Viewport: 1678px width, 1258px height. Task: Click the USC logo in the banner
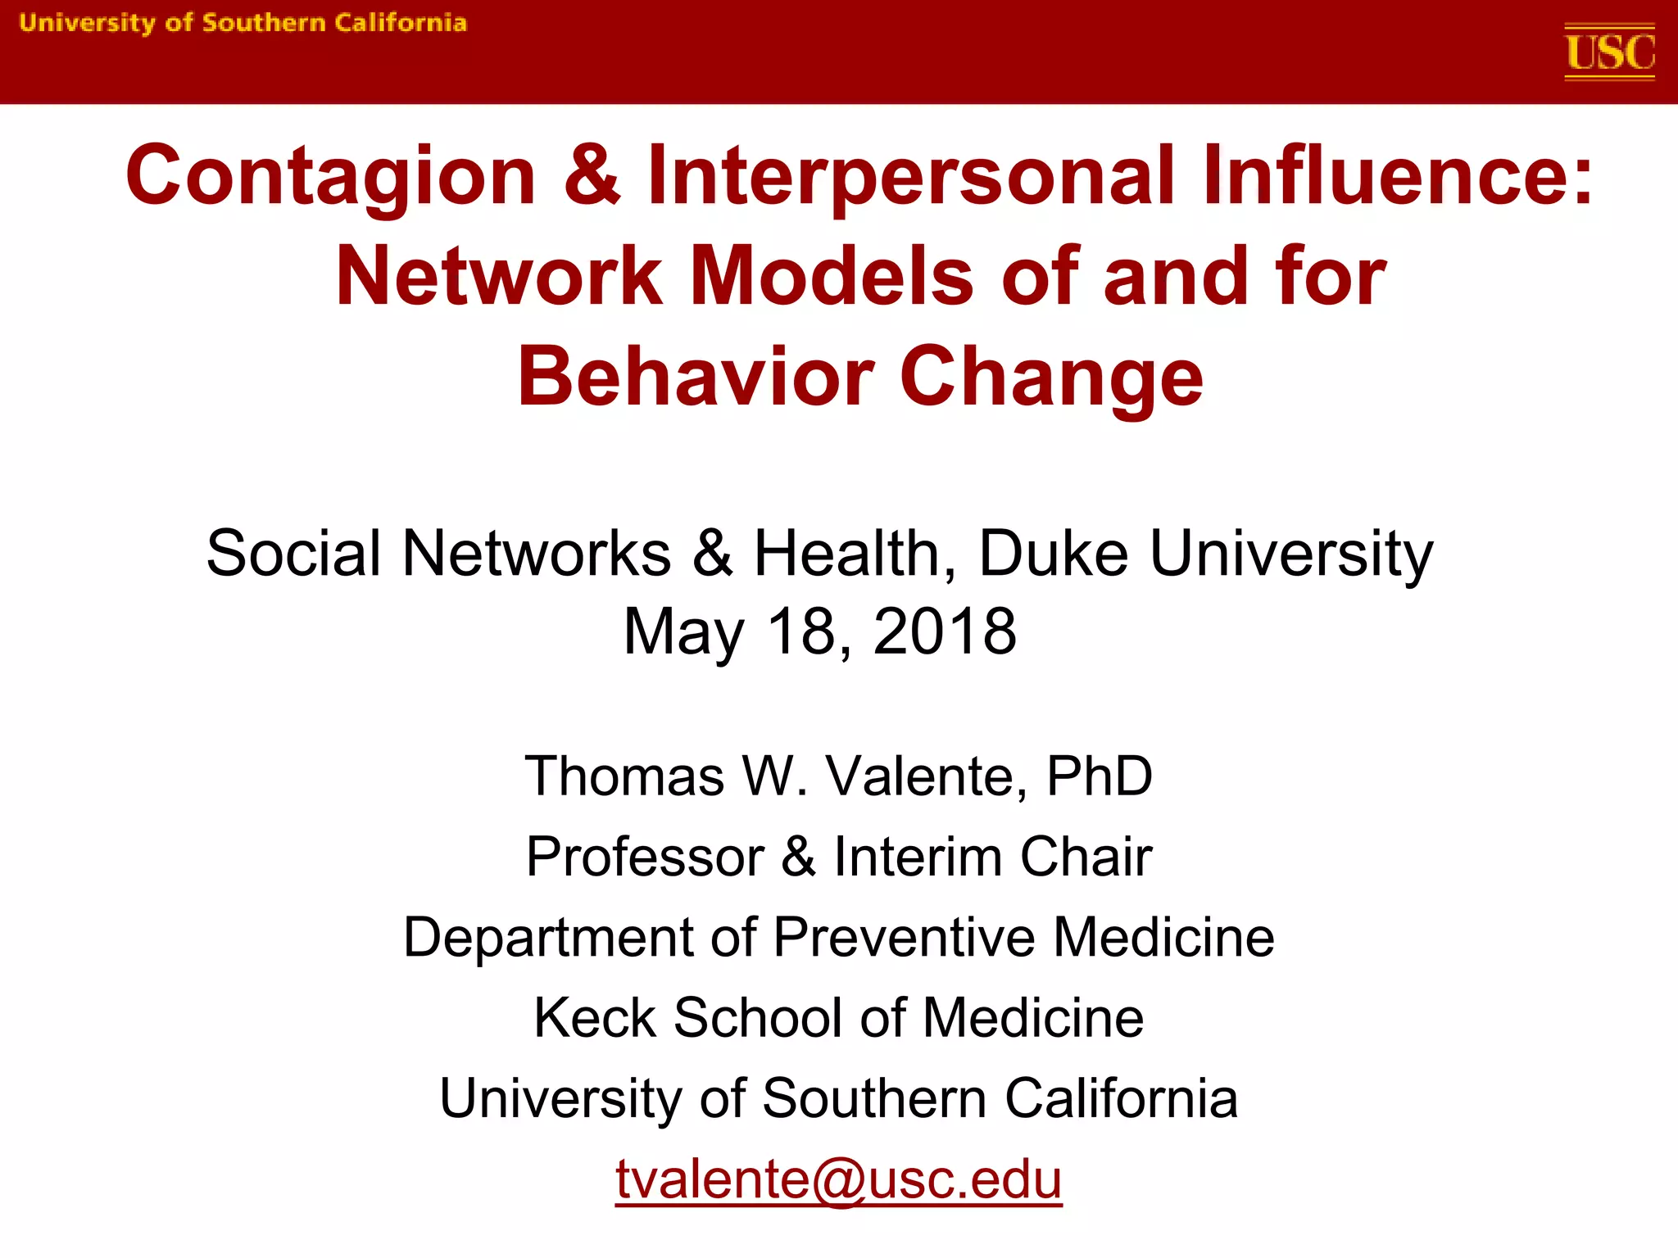click(1609, 52)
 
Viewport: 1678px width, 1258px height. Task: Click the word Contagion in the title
click(330, 176)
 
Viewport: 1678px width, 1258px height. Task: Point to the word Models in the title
click(832, 277)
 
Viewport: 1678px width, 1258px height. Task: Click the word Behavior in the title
click(696, 377)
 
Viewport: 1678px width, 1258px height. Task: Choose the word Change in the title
click(1052, 377)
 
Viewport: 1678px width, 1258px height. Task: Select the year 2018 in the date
click(945, 631)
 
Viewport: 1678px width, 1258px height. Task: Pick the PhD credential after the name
click(1100, 776)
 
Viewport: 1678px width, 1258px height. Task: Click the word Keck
click(595, 1018)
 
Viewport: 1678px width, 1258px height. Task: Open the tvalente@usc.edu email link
click(838, 1179)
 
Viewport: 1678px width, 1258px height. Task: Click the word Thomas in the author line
click(624, 776)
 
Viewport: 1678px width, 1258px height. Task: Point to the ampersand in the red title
click(592, 176)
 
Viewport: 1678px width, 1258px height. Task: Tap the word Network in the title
click(498, 277)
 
